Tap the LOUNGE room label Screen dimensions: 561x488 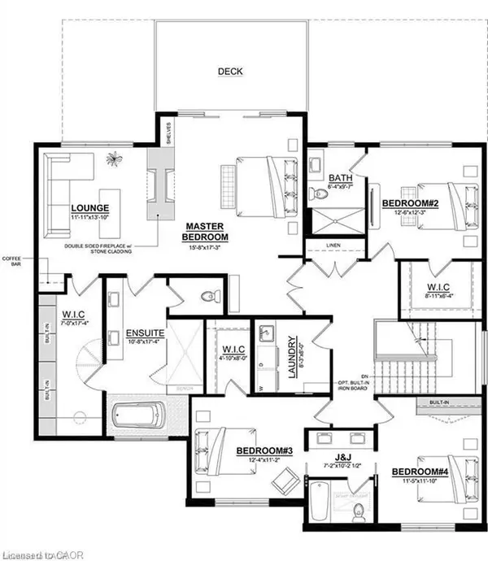(89, 207)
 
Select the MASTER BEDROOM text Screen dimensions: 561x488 (205, 231)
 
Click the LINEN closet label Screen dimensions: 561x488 (332, 245)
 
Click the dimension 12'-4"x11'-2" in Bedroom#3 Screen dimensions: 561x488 (259, 459)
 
